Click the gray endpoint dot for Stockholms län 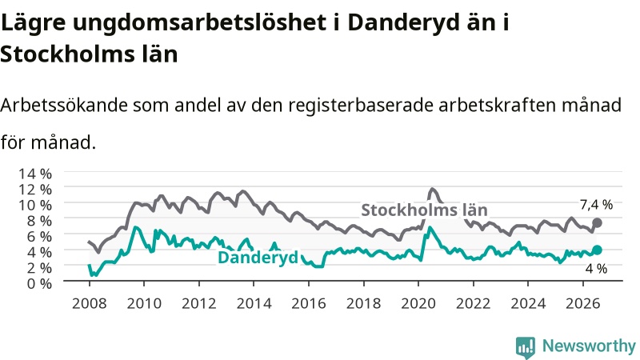click(x=597, y=223)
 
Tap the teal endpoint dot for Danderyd click(x=597, y=250)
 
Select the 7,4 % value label click(x=596, y=205)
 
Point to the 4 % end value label click(x=596, y=269)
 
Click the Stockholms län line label click(x=425, y=210)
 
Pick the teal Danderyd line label click(x=258, y=258)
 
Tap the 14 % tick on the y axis click(x=35, y=174)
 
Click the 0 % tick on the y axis click(x=39, y=283)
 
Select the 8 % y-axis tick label click(x=39, y=221)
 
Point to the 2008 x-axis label click(x=90, y=304)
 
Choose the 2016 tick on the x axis click(x=309, y=304)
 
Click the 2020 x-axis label click(x=418, y=304)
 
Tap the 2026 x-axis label click(x=582, y=304)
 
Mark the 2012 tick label click(x=198, y=304)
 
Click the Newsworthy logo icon click(x=526, y=347)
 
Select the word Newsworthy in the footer click(x=589, y=346)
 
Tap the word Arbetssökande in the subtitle click(x=64, y=106)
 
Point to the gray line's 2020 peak click(x=432, y=189)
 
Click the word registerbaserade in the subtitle click(x=361, y=106)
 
